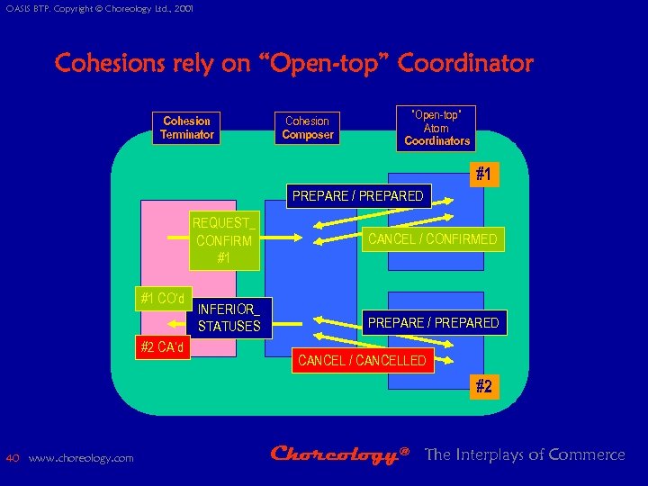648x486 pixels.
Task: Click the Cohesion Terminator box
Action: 187,128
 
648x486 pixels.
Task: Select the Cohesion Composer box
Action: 308,128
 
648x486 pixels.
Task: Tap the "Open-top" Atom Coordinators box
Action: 437,128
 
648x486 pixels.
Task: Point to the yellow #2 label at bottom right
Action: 483,386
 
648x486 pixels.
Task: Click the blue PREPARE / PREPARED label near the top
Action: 357,196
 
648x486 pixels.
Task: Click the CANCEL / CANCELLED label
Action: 362,361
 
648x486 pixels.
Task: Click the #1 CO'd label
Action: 163,298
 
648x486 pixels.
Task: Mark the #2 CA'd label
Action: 163,346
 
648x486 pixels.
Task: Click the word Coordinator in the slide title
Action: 465,64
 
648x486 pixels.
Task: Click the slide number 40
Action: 13,458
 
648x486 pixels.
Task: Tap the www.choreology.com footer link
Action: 81,458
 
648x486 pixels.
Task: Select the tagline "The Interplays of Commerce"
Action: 525,454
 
